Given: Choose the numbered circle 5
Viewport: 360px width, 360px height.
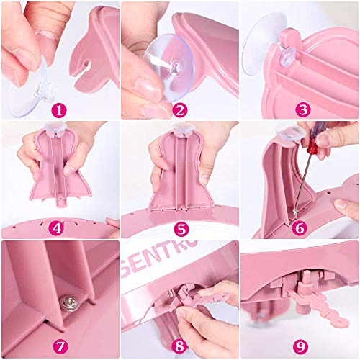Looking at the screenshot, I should [180, 229].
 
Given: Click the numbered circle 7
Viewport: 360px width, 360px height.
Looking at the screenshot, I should [60, 348].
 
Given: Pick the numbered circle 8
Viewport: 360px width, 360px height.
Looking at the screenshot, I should [180, 348].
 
